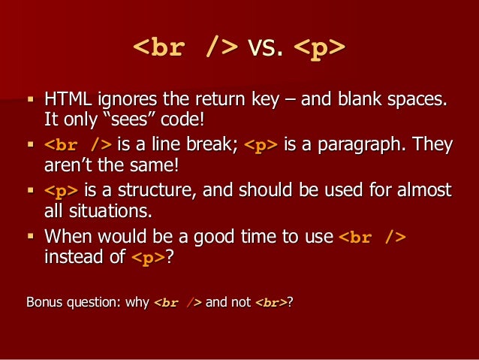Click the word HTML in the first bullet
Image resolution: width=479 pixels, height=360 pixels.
(x=64, y=98)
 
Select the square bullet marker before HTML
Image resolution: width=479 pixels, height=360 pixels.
(x=30, y=98)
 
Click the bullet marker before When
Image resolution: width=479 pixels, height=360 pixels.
(x=30, y=237)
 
